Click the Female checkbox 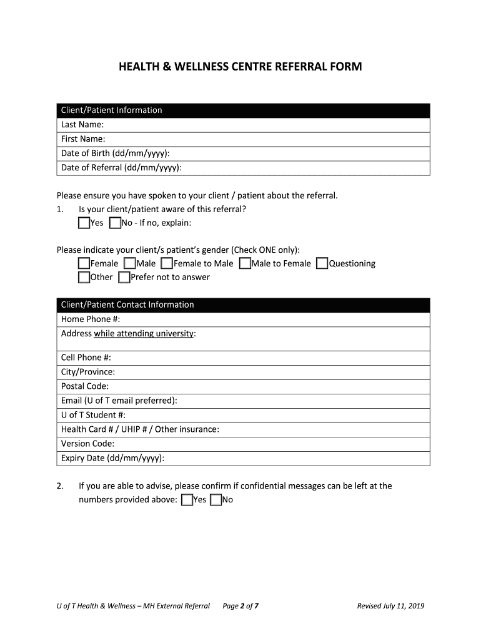pos(84,263)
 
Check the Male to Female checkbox pos(245,263)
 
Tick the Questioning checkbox pos(322,263)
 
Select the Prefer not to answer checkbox pos(124,277)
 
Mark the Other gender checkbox pos(84,277)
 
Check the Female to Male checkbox pos(167,263)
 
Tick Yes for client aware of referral pos(84,223)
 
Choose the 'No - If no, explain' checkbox pos(115,223)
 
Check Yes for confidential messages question pos(187,500)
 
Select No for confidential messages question pos(216,500)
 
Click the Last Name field pos(262,125)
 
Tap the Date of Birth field pos(294,154)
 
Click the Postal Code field pos(262,386)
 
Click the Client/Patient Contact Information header pos(127,305)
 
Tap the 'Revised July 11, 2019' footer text pos(390,605)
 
